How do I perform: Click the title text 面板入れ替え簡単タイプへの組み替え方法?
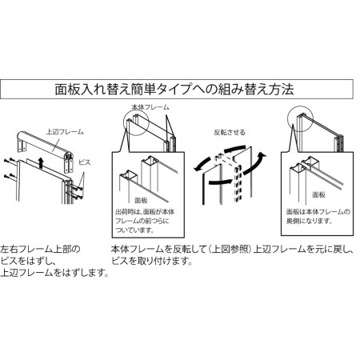coord(179,89)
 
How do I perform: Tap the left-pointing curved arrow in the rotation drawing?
coord(203,165)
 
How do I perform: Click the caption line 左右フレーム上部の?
coord(40,250)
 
